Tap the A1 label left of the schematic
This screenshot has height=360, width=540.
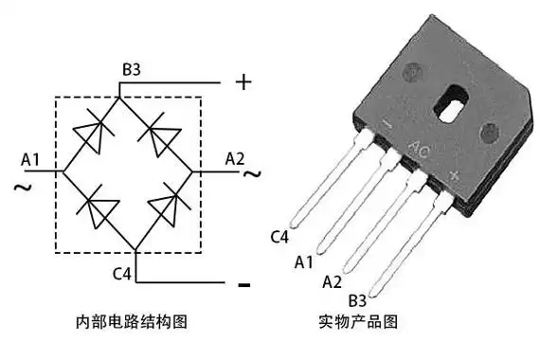tap(31, 158)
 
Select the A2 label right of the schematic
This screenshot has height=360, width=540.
tap(236, 158)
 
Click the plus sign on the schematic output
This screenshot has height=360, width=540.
tap(243, 82)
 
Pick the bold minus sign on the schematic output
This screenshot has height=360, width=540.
tap(243, 284)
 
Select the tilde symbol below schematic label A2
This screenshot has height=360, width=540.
tap(250, 175)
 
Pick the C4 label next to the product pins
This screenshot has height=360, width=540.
tap(279, 236)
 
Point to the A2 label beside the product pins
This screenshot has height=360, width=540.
tap(332, 281)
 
